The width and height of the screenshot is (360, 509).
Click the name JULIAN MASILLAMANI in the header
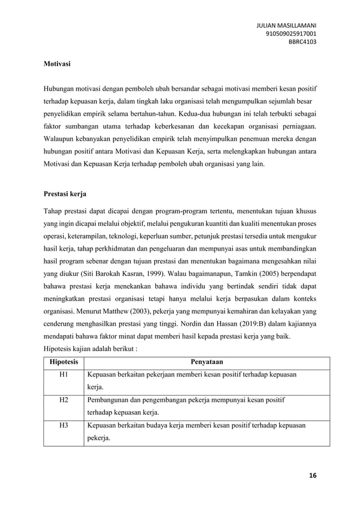[x=286, y=25]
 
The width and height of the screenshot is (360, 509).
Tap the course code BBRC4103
[x=303, y=41]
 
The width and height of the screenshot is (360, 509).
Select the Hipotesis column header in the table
[x=64, y=362]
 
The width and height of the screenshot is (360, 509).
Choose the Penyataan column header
[x=207, y=362]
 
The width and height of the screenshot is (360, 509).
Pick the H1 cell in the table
[x=64, y=374]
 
